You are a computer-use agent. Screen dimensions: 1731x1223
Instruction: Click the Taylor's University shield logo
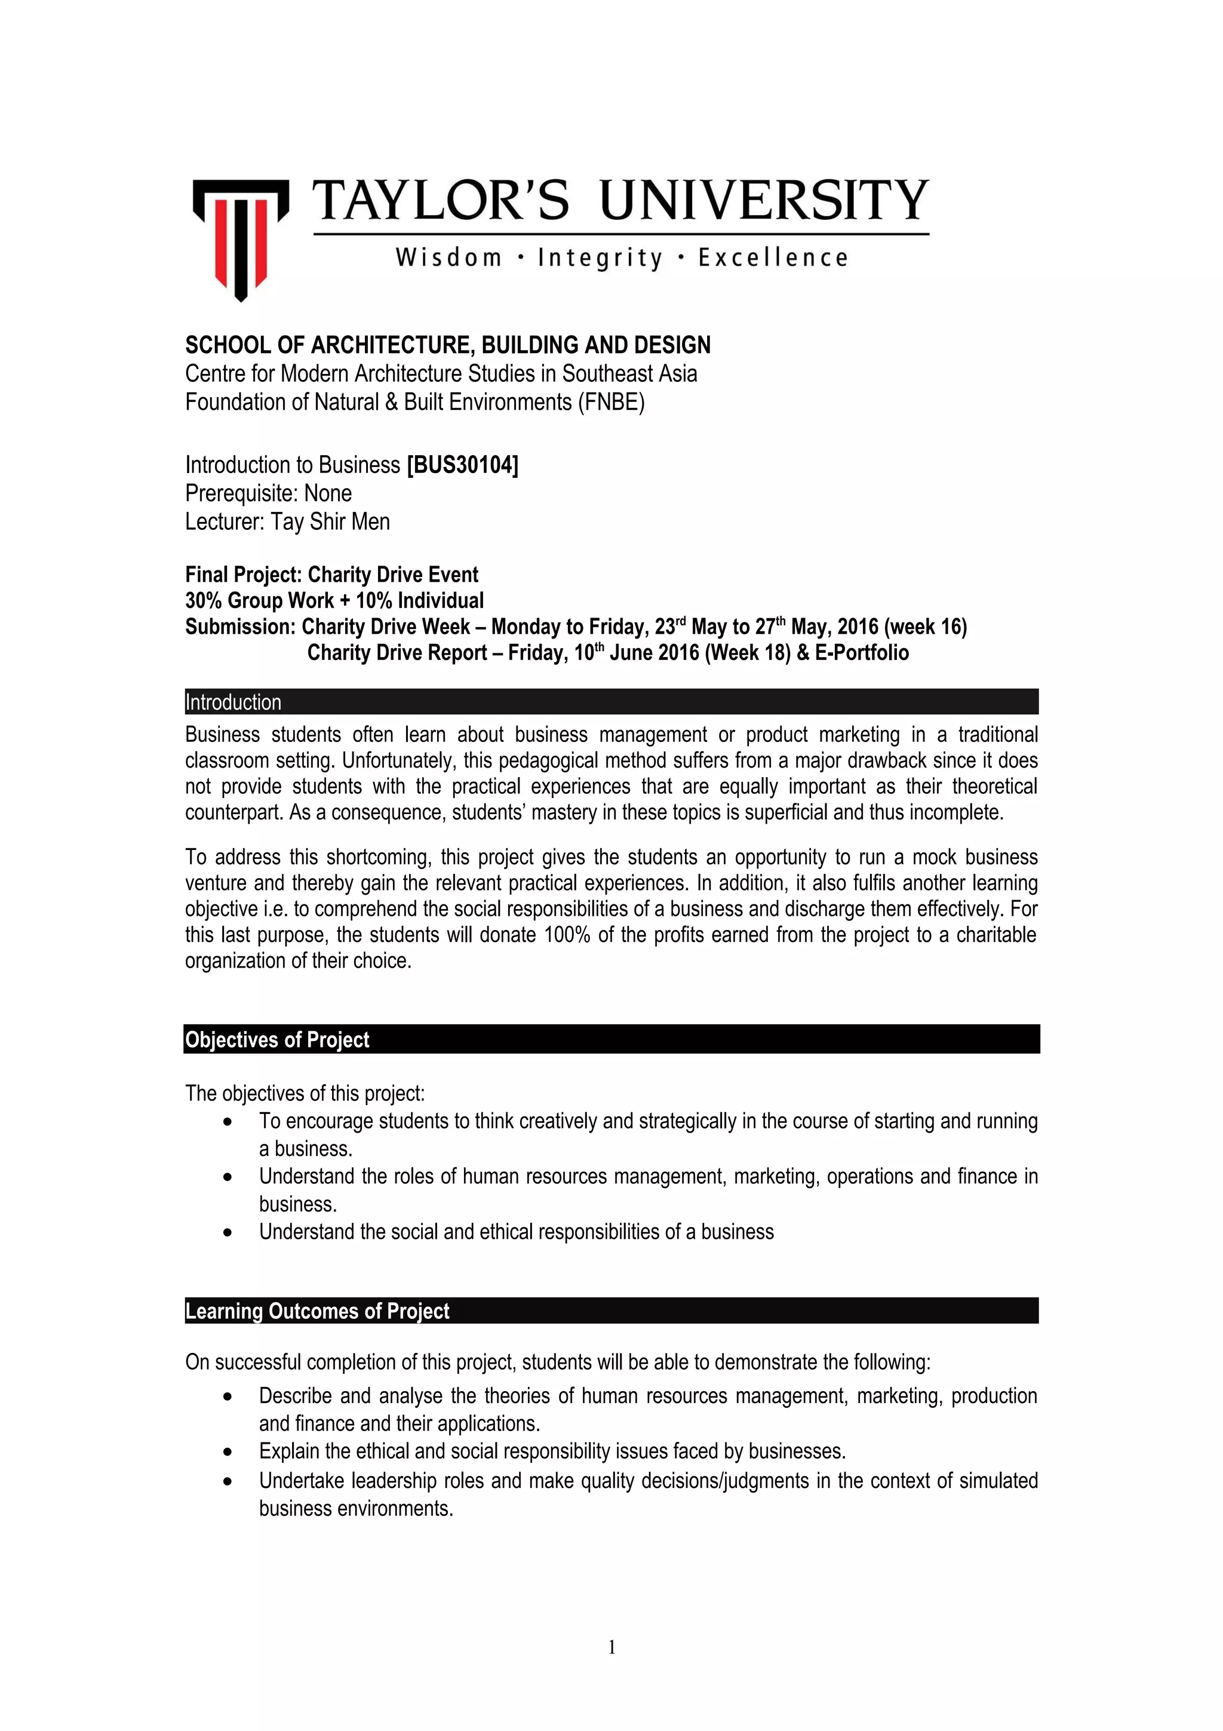241,238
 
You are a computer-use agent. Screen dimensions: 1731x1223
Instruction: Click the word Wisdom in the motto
448,258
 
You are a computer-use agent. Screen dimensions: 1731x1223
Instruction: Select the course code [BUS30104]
462,465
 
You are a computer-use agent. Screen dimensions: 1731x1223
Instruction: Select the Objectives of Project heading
277,1040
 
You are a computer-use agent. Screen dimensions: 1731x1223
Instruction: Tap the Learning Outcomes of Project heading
317,1311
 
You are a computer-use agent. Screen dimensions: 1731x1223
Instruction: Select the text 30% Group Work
259,601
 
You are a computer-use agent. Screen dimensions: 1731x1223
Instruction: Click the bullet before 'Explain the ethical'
228,1451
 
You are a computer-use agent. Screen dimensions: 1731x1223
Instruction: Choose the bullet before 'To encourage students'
228,1122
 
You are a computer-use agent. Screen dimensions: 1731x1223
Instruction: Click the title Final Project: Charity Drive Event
331,575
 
